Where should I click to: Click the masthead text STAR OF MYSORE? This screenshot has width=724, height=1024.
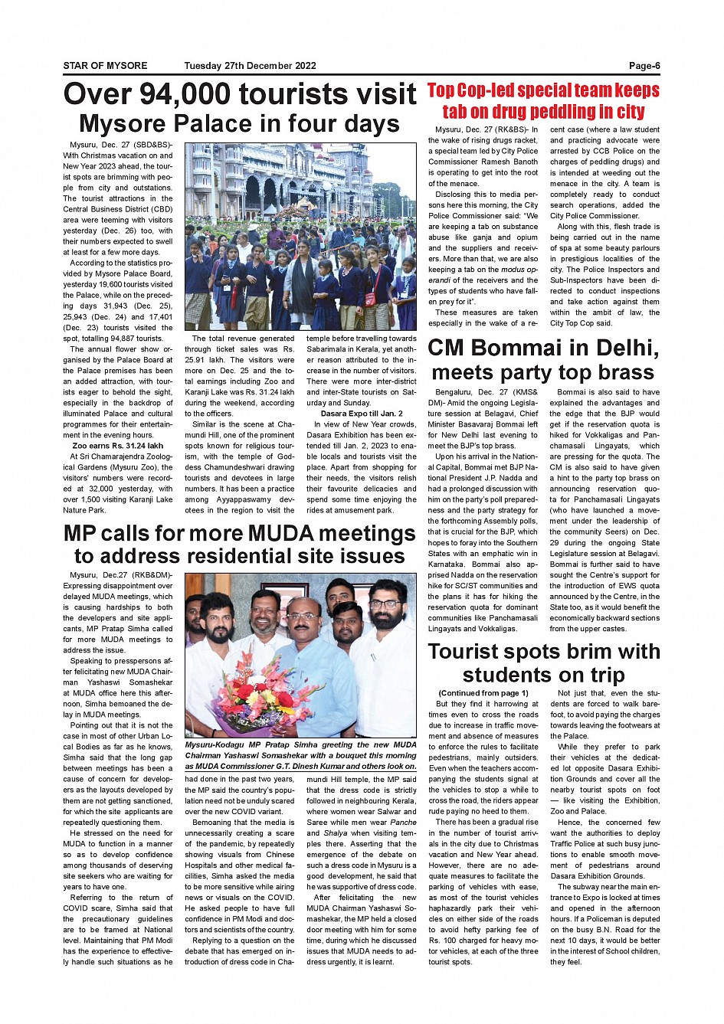coord(105,66)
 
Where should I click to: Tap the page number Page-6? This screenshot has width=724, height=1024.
coord(644,66)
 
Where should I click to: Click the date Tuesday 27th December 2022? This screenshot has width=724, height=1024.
coord(250,66)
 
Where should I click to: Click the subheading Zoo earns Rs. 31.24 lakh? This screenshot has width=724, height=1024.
coord(117,446)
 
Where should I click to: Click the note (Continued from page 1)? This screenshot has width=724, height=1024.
coord(483,693)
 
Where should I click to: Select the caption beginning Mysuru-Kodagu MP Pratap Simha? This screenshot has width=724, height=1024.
coord(300,755)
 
